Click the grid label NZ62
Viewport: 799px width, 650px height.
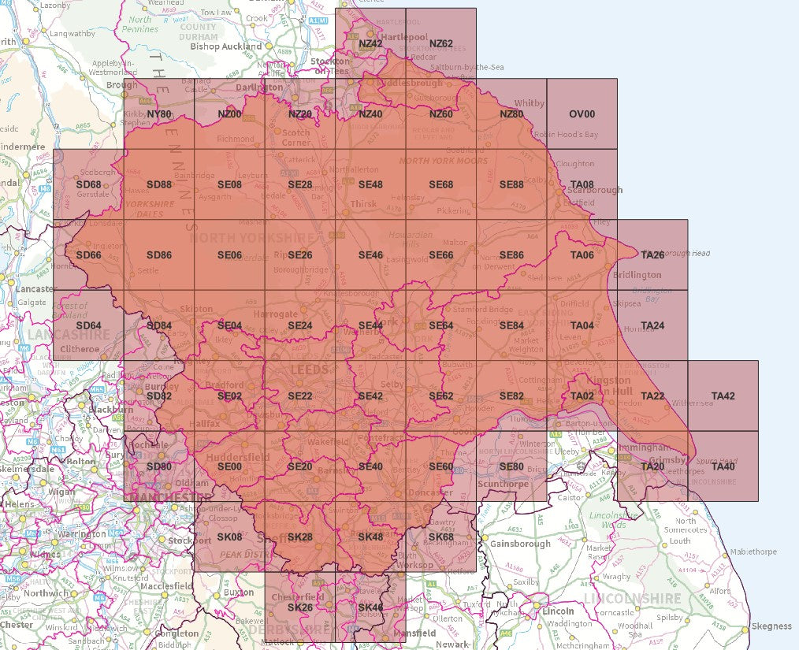[x=440, y=43]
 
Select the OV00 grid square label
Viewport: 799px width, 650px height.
[x=582, y=114]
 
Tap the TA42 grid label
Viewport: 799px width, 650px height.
[x=723, y=396]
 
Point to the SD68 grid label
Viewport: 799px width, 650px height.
[x=88, y=184]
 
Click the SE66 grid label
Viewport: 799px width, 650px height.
[x=440, y=255]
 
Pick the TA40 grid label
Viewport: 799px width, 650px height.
[x=723, y=466]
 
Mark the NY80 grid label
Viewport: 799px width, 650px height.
[x=159, y=114]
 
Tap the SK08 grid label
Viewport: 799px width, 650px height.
[x=229, y=537]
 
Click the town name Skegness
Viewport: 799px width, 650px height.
[x=771, y=626]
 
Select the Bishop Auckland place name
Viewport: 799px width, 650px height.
[x=226, y=46]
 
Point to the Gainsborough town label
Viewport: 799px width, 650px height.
[x=520, y=544]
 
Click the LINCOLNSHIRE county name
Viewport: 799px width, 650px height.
[x=633, y=599]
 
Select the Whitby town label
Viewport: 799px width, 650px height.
[x=529, y=103]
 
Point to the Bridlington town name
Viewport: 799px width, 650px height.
[x=637, y=275]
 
